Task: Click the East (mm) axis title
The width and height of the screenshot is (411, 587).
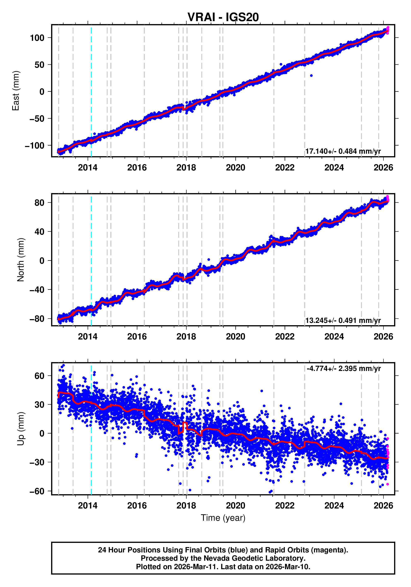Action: pyautogui.click(x=16, y=91)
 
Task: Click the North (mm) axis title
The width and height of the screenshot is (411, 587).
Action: pyautogui.click(x=21, y=260)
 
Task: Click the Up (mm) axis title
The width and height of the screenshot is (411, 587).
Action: pyautogui.click(x=21, y=429)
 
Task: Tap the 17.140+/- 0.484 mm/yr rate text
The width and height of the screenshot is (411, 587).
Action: pyautogui.click(x=343, y=151)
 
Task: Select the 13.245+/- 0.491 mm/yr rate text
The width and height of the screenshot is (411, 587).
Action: pyautogui.click(x=343, y=320)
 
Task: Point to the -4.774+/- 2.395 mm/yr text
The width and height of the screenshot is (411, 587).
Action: pyautogui.click(x=344, y=369)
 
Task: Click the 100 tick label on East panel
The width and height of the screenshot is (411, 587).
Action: pyautogui.click(x=37, y=38)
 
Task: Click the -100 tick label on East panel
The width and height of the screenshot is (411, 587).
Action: pyautogui.click(x=35, y=145)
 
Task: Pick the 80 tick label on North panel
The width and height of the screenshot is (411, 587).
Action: pyautogui.click(x=39, y=203)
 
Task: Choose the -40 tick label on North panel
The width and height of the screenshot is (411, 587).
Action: pyautogui.click(x=37, y=290)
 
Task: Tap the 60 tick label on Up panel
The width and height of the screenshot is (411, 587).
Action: pyautogui.click(x=39, y=376)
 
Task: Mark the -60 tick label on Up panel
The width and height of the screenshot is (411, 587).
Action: pyautogui.click(x=37, y=491)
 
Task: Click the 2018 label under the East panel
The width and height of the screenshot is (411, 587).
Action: pyautogui.click(x=186, y=168)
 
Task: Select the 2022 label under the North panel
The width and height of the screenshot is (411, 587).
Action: pyautogui.click(x=285, y=337)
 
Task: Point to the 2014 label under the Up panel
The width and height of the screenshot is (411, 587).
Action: pyautogui.click(x=88, y=506)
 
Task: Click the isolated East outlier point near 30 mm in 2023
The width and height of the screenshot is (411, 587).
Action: pyautogui.click(x=311, y=75)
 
